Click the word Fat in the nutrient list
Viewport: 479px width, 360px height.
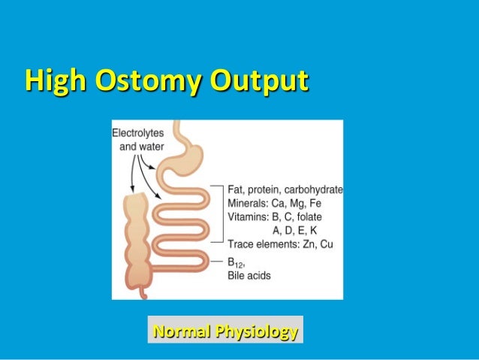click(x=235, y=189)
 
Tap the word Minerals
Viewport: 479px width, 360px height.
click(x=249, y=202)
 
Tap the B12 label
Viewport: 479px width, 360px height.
click(x=236, y=262)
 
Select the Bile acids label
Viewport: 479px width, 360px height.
click(x=249, y=276)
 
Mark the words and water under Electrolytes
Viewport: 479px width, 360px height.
click(x=142, y=145)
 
